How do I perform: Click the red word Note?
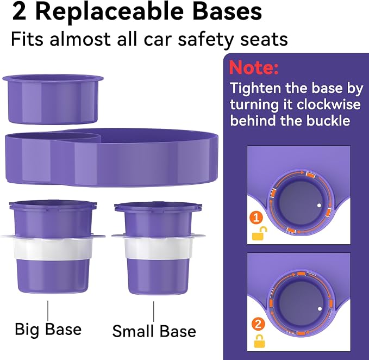(x=253, y=68)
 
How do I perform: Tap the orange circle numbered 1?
(x=257, y=218)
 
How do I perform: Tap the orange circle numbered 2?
(x=258, y=324)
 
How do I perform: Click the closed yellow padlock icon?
(x=259, y=341)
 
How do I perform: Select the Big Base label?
(x=48, y=330)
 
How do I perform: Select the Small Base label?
(x=154, y=331)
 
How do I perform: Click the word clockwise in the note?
(x=328, y=104)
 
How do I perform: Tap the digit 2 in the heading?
(x=19, y=12)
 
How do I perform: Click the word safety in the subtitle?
(x=205, y=40)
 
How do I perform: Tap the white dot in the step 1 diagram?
(x=319, y=206)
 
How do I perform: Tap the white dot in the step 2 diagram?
(x=320, y=309)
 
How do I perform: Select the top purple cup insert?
(x=53, y=100)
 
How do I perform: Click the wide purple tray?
(x=111, y=157)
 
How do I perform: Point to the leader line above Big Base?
(x=48, y=311)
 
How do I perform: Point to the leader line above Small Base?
(x=154, y=312)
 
